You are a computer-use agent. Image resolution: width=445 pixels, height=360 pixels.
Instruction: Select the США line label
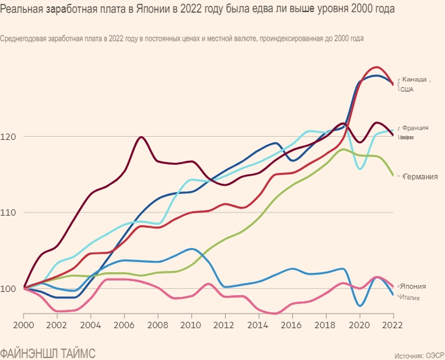pos(407,90)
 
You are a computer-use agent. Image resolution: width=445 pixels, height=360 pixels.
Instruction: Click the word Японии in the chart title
pos(157,10)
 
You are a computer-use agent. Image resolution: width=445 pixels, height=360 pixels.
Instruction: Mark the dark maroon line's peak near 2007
pos(141,137)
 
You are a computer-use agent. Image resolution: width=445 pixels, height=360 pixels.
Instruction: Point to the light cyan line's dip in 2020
pos(360,169)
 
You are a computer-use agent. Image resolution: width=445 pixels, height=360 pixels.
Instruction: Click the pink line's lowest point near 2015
pos(276,314)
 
